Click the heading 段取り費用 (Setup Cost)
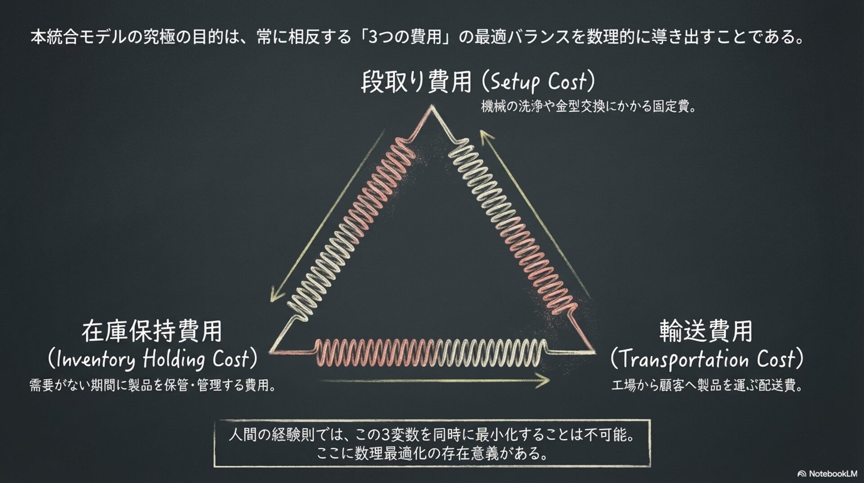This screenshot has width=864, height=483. (478, 82)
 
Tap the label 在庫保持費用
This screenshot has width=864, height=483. (152, 331)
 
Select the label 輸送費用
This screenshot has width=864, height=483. (706, 331)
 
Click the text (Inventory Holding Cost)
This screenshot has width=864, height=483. (152, 359)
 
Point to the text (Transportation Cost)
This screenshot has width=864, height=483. (706, 359)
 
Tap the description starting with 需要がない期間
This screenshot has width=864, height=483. (152, 386)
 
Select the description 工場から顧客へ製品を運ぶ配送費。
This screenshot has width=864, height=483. (707, 386)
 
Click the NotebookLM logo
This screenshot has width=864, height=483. (827, 474)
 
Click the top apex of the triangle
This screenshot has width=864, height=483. (432, 108)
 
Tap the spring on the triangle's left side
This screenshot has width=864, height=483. (353, 228)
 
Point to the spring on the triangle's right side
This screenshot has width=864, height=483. (511, 228)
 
